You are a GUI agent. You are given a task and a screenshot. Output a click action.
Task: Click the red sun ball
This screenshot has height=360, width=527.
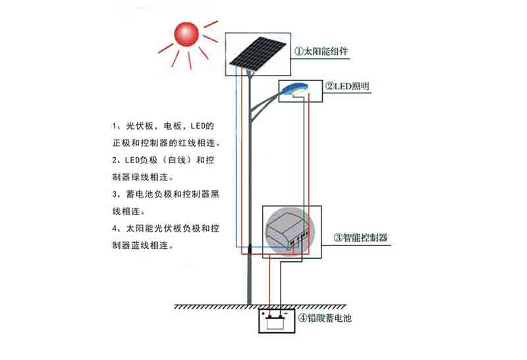(x=186, y=34)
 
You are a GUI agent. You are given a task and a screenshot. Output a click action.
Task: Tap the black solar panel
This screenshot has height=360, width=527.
(x=258, y=53)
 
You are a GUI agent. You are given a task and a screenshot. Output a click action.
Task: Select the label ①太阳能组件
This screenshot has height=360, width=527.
(x=321, y=52)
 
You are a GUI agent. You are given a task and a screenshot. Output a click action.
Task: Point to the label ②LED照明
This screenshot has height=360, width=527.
(x=347, y=86)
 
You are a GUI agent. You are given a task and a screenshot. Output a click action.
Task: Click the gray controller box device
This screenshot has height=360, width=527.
(x=287, y=231)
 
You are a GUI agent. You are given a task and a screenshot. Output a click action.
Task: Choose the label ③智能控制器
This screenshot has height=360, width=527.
(x=360, y=238)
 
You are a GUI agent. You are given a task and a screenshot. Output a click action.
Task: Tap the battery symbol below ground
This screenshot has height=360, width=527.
(x=275, y=322)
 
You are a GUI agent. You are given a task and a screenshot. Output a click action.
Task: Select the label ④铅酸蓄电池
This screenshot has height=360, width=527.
(x=325, y=318)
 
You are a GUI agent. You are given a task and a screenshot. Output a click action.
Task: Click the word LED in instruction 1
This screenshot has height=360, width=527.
(x=198, y=126)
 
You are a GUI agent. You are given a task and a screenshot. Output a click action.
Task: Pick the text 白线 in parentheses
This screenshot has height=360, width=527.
(x=177, y=160)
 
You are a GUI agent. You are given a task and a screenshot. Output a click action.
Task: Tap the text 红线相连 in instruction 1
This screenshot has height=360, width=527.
(x=196, y=143)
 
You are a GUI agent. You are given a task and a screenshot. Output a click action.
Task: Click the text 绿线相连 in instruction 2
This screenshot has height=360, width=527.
(x=150, y=177)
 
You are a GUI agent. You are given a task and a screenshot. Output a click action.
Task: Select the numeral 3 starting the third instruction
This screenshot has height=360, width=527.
(x=115, y=194)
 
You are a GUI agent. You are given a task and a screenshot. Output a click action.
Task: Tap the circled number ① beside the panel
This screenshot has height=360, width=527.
(x=299, y=52)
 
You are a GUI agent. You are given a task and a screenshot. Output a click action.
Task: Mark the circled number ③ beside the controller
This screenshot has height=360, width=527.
(x=338, y=238)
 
